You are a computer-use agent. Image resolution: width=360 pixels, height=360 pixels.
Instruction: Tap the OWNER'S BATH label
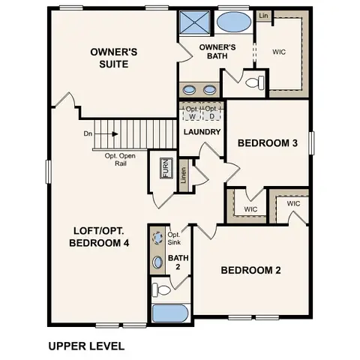(x=218, y=52)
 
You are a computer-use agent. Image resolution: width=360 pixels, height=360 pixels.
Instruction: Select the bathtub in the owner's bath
(x=235, y=22)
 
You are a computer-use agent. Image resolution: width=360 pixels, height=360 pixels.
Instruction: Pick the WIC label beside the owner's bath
(x=280, y=52)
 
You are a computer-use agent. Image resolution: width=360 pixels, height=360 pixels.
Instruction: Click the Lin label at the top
(x=264, y=15)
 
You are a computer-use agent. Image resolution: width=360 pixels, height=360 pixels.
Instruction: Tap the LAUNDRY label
(x=202, y=133)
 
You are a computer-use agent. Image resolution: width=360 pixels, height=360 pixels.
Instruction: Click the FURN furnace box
(x=166, y=168)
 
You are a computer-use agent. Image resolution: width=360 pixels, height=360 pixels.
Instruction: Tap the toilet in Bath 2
(x=160, y=288)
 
